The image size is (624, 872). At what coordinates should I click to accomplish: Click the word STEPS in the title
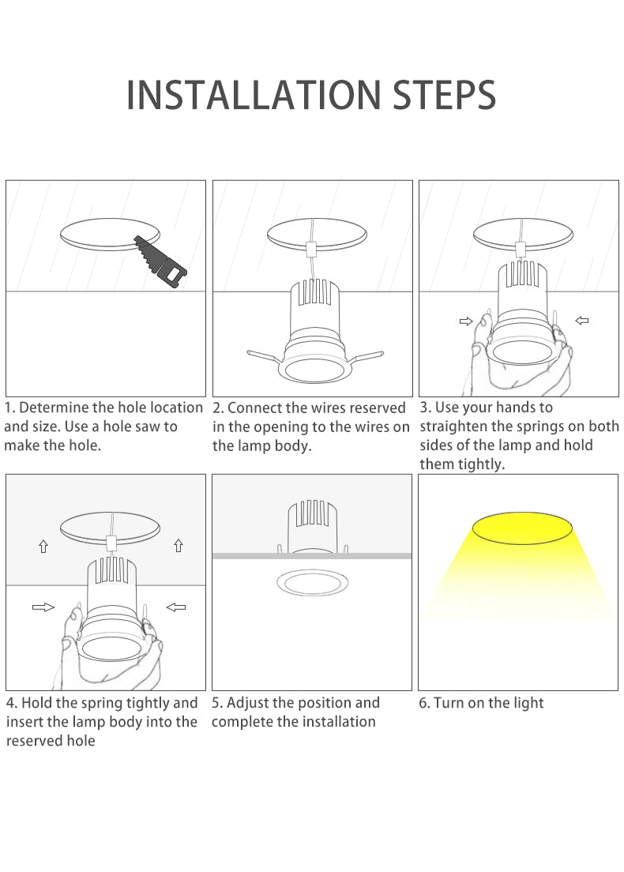445,95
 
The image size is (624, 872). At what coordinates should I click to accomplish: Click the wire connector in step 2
311,248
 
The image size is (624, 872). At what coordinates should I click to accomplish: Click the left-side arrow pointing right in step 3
466,321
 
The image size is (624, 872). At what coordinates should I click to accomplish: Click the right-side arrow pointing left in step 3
581,321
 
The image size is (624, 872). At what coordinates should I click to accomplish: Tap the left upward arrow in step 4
43,547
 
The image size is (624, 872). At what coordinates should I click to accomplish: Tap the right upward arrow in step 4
179,546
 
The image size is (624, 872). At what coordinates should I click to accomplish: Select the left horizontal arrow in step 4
43,607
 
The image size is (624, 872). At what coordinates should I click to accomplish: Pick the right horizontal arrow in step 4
176,607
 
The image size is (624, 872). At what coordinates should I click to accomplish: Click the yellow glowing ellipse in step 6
522,528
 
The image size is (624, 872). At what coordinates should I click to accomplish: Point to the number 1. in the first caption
10,408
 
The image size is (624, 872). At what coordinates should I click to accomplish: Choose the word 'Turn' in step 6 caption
449,703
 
